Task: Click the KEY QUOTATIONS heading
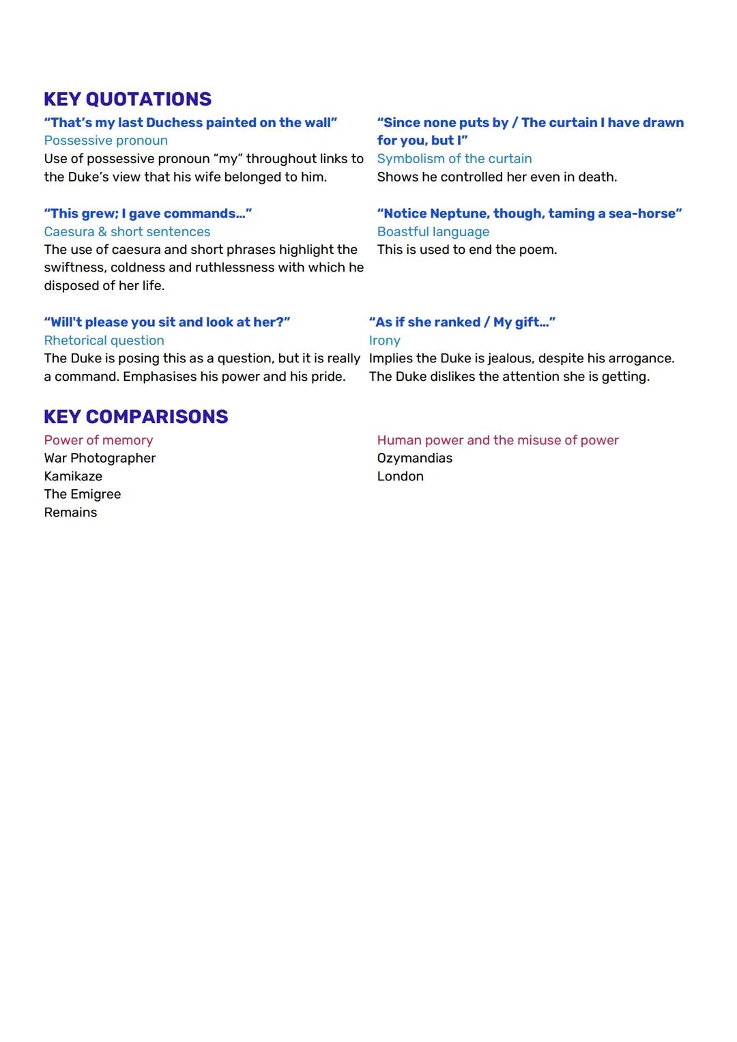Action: tap(128, 99)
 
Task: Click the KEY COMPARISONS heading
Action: tap(136, 416)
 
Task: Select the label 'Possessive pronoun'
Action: tap(106, 141)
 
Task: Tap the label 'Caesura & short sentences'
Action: tap(127, 232)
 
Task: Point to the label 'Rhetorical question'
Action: tap(104, 341)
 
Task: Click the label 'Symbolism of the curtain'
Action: tap(454, 159)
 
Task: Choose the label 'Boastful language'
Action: tap(433, 232)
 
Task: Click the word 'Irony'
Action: tap(385, 341)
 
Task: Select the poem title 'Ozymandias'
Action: tap(415, 458)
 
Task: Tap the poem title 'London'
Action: tap(401, 476)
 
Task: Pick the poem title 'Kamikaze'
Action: tap(73, 476)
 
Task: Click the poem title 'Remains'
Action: tap(70, 512)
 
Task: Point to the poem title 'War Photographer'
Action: tap(100, 458)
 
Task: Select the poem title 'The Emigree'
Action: tap(83, 494)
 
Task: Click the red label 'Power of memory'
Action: tap(98, 440)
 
